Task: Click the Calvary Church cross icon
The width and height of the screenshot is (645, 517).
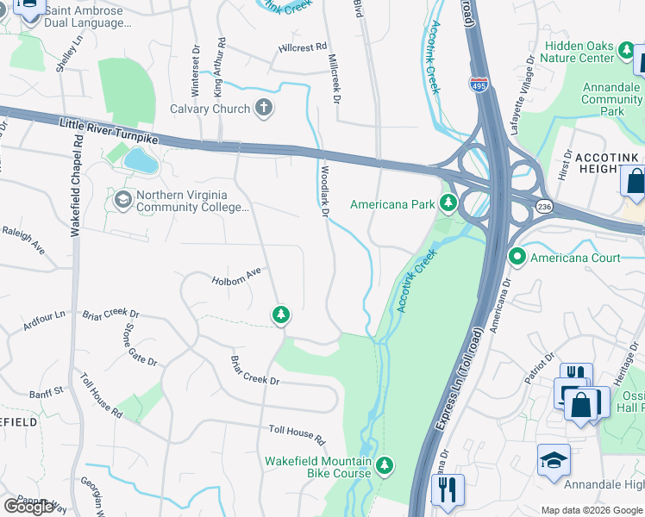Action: (265, 109)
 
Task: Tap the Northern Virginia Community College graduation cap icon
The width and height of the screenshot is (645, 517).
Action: (123, 200)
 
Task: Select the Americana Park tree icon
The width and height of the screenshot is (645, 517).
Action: (448, 203)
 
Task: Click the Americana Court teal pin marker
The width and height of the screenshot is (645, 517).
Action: (517, 257)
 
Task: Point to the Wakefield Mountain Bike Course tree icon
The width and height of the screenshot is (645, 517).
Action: (385, 466)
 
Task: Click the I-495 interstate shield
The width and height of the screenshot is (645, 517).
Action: (479, 84)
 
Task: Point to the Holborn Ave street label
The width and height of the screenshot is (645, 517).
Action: (235, 277)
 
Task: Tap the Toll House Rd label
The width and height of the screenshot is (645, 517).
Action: (297, 434)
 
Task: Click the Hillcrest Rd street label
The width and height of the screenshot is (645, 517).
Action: (303, 47)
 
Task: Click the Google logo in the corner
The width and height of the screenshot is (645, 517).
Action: (29, 507)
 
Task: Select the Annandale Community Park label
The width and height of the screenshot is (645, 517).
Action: (611, 99)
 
